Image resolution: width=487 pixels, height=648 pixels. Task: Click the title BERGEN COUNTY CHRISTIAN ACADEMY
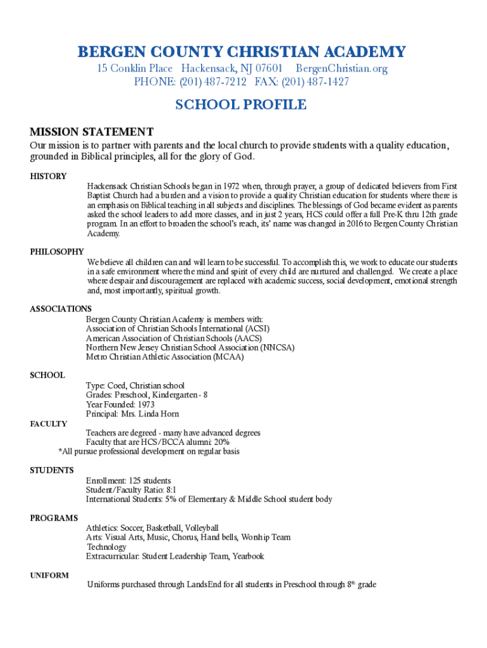pos(241,52)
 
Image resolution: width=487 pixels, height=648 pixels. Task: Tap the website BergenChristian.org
pos(342,68)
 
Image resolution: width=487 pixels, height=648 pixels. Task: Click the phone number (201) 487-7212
pos(214,82)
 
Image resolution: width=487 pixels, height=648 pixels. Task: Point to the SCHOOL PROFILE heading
pos(241,105)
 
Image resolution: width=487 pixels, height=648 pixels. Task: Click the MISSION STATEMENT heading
pos(92,132)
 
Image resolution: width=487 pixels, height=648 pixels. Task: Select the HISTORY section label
pos(48,177)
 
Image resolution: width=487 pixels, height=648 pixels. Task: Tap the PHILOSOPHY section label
pos(57,252)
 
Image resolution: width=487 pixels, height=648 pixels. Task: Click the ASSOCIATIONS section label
pos(61,309)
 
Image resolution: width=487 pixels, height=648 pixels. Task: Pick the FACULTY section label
pos(49,424)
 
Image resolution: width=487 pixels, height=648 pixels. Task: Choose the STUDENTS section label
pos(52,470)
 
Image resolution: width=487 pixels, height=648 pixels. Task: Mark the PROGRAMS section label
pos(54,518)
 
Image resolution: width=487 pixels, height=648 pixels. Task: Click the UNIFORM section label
pos(49,575)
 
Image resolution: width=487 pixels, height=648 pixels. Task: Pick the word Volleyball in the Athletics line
pos(202,528)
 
